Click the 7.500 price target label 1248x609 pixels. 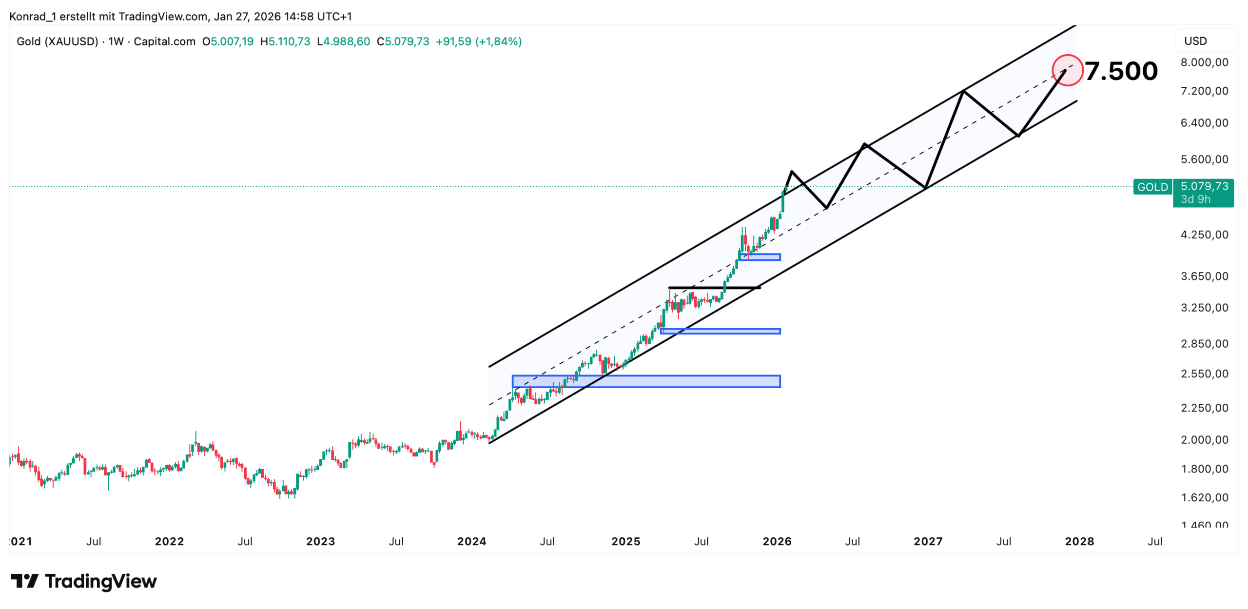tap(1121, 71)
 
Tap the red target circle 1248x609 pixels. tap(1067, 70)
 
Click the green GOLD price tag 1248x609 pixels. tap(1152, 187)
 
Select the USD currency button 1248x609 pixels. tap(1195, 41)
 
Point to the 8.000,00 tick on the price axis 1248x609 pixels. tap(1204, 62)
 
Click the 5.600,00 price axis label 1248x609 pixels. tap(1204, 159)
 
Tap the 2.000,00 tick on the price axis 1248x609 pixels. tap(1204, 439)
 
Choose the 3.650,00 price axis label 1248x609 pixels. tap(1204, 276)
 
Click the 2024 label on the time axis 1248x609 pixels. tap(471, 541)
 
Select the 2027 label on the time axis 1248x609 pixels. tap(928, 541)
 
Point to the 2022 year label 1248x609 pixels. tap(169, 541)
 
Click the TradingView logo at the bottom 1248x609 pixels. tap(84, 581)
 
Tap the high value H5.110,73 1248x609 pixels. tap(285, 41)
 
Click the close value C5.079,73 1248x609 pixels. tap(403, 41)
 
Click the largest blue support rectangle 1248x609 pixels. tap(646, 381)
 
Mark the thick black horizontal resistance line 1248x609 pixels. tap(714, 288)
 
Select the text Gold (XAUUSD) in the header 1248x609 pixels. tap(58, 41)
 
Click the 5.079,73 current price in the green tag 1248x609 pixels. tap(1204, 186)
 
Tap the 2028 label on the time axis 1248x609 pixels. tap(1079, 541)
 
